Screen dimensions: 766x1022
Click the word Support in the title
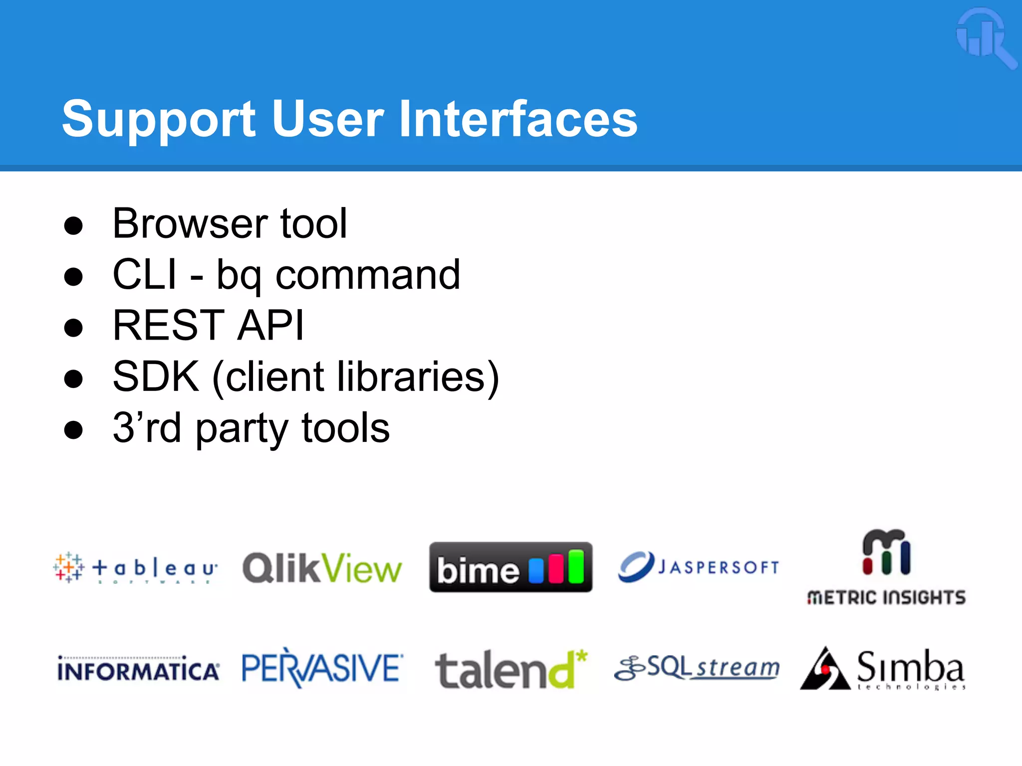[159, 120]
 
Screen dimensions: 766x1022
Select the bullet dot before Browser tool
[73, 225]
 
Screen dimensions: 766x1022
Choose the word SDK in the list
[156, 377]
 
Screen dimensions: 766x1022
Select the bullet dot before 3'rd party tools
[73, 430]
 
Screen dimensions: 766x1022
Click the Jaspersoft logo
[698, 567]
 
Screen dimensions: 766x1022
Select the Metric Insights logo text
[886, 597]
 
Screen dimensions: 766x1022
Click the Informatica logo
[138, 669]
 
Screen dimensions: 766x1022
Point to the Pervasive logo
[322, 668]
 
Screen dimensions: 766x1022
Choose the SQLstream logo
[697, 668]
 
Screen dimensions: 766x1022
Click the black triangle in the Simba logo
[824, 671]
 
